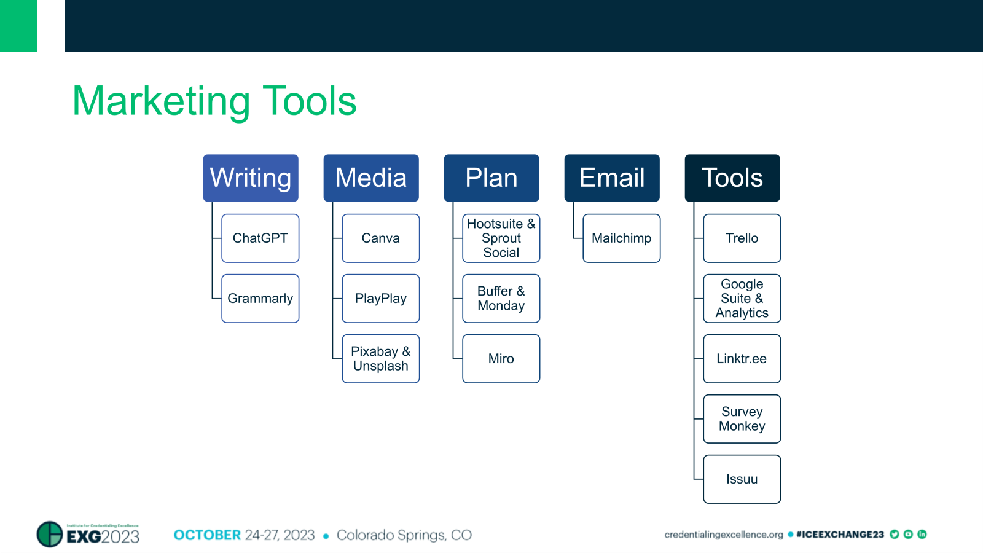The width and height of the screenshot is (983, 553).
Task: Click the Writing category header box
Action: [251, 178]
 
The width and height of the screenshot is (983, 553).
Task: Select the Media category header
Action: [371, 178]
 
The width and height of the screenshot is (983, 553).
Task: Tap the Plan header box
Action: [491, 178]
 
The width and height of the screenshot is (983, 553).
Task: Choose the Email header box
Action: [612, 178]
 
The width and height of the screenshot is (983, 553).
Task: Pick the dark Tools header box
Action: [732, 178]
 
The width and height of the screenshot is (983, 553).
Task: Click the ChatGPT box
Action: [260, 238]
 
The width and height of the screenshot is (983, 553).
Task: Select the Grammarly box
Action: [260, 299]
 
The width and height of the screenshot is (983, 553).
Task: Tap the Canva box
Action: [381, 238]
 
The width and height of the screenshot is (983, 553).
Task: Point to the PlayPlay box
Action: [381, 299]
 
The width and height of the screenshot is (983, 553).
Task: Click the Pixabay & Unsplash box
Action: [381, 359]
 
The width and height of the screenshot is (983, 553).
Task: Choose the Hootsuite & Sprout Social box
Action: [501, 238]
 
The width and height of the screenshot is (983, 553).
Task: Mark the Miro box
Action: [501, 359]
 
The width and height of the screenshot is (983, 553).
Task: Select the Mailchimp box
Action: [622, 238]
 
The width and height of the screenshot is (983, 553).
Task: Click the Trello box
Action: [742, 238]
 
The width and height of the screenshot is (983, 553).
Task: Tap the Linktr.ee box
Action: [742, 359]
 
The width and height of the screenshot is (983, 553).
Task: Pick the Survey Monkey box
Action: [742, 419]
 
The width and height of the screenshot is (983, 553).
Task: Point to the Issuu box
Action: [742, 479]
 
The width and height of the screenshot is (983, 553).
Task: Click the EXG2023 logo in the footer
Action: [88, 535]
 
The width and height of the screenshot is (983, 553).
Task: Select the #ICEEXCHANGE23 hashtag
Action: [840, 535]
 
